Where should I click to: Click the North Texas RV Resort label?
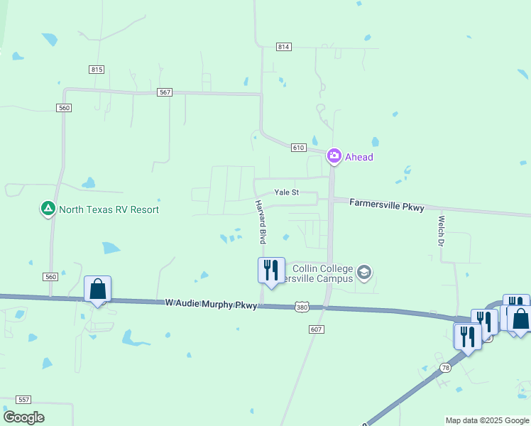coord(109,209)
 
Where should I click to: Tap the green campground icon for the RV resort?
coord(48,209)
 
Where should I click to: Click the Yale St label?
coord(287,192)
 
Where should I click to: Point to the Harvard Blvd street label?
coord(262,222)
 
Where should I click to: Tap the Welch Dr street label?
coord(441,231)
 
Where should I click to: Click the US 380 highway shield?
coord(302,307)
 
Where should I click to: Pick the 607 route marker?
coord(317,329)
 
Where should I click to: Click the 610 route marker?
coord(298,148)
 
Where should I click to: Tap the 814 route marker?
coord(284,47)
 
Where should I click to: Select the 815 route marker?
coord(97,69)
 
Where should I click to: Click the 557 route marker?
coord(24,400)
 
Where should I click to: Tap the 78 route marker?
coord(445,366)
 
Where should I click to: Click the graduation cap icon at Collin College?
coord(364,273)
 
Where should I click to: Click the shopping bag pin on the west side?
coord(97,289)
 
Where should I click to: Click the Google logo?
coord(23,417)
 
